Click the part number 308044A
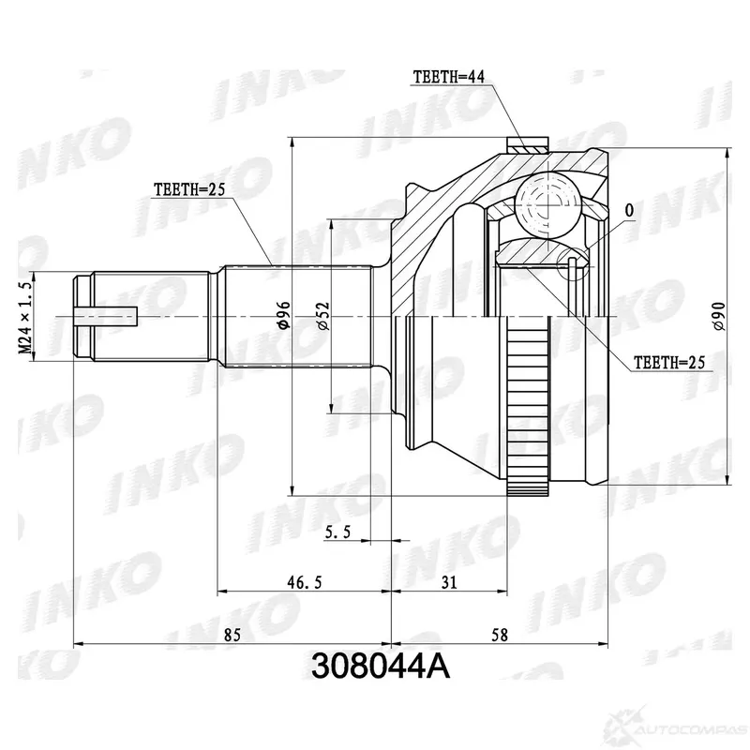click(x=381, y=667)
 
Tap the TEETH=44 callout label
click(x=449, y=77)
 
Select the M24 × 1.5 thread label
click(x=25, y=318)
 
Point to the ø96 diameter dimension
click(x=284, y=315)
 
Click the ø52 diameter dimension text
click(x=323, y=315)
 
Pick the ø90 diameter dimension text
click(x=719, y=316)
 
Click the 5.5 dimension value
click(x=337, y=532)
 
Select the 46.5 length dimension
click(x=305, y=582)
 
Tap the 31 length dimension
click(x=449, y=582)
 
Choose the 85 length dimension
click(x=232, y=635)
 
